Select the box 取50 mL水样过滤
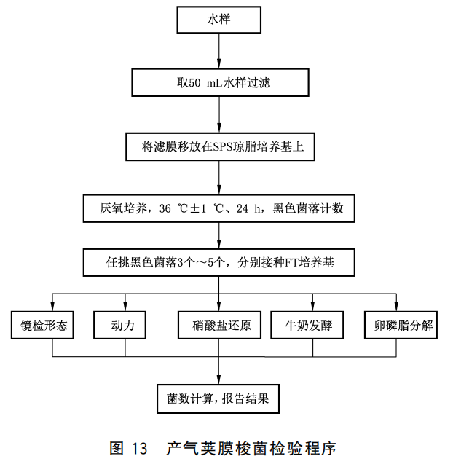click(219, 82)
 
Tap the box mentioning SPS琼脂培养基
click(219, 146)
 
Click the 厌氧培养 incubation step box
click(219, 209)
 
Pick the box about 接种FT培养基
click(219, 261)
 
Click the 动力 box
click(125, 325)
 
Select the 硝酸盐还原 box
click(219, 325)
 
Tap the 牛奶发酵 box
click(314, 325)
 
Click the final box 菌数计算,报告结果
click(219, 398)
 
